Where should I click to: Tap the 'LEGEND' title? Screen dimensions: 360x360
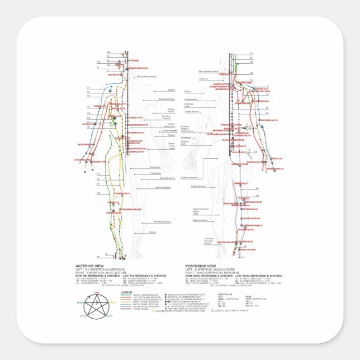[x=127, y=292]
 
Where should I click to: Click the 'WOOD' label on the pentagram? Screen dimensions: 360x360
[x=80, y=302]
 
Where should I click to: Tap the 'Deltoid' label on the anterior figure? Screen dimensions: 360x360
[x=172, y=89]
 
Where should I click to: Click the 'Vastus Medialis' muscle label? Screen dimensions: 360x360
[x=163, y=187]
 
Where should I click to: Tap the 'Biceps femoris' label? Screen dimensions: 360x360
[x=198, y=186]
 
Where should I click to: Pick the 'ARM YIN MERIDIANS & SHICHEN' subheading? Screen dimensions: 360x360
[x=98, y=276]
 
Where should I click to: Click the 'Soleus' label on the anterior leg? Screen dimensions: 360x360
[x=153, y=231]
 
